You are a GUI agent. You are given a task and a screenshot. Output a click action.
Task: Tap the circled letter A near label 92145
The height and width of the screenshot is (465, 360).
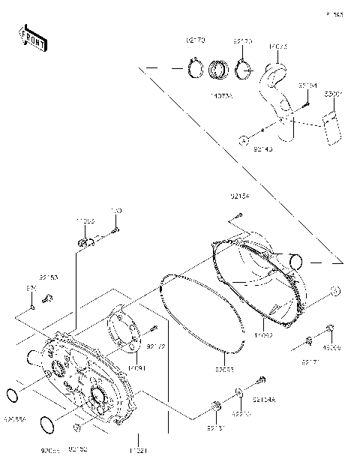tap(243, 139)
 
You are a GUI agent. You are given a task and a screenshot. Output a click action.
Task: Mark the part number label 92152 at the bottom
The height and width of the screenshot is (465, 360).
tap(79, 448)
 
